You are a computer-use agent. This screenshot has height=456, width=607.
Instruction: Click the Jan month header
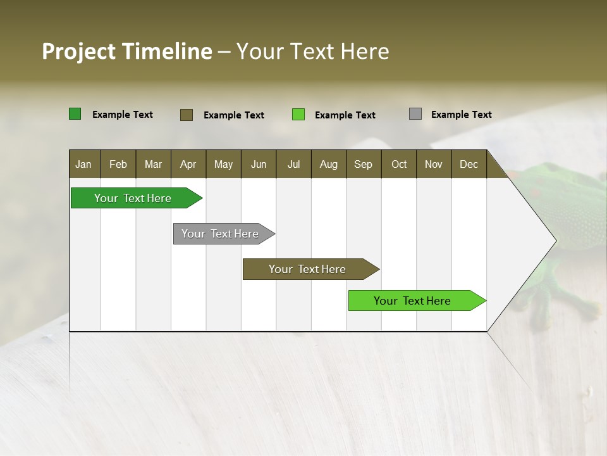pyautogui.click(x=83, y=164)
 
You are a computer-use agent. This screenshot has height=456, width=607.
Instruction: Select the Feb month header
pyautogui.click(x=118, y=164)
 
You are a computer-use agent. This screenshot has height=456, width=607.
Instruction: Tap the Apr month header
pyautogui.click(x=188, y=164)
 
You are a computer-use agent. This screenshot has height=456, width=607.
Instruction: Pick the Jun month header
pyautogui.click(x=259, y=164)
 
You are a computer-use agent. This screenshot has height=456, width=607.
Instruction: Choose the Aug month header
pyautogui.click(x=328, y=164)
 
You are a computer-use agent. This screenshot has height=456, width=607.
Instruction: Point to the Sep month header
pyautogui.click(x=363, y=164)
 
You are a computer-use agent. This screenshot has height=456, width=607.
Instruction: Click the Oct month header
pyautogui.click(x=399, y=164)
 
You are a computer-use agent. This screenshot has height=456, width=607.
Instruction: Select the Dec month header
pyautogui.click(x=469, y=164)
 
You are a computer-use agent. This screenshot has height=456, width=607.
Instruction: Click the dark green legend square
pyautogui.click(x=75, y=114)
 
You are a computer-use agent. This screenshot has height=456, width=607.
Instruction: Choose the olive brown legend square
pyautogui.click(x=187, y=115)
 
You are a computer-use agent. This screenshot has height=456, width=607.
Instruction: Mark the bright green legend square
pyautogui.click(x=298, y=115)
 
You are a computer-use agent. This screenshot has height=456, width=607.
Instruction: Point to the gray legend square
pyautogui.click(x=415, y=114)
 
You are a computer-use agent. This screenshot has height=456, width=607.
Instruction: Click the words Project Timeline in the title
pyautogui.click(x=126, y=51)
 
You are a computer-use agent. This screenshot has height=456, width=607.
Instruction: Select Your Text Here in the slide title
pyautogui.click(x=313, y=51)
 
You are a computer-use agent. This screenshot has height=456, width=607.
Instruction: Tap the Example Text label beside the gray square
pyautogui.click(x=461, y=115)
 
